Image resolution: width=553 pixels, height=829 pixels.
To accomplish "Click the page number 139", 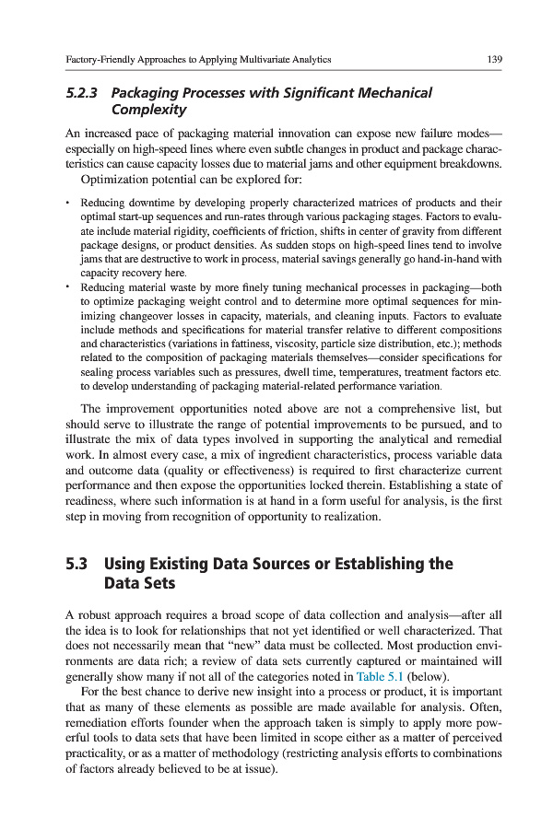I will (x=494, y=59).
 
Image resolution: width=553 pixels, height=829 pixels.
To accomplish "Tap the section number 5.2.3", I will (x=86, y=93).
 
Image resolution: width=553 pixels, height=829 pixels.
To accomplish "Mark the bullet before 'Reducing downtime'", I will (x=67, y=202).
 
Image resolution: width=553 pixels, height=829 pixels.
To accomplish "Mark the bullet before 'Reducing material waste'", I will (x=67, y=286).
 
